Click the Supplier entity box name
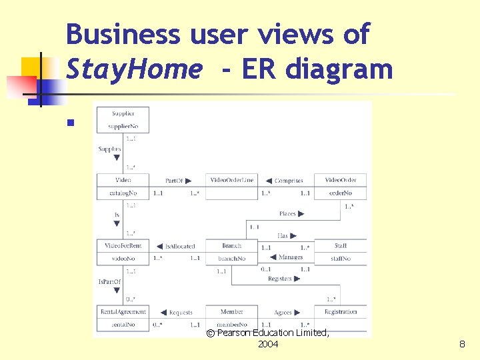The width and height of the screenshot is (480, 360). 123,114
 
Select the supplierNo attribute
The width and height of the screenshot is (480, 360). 123,126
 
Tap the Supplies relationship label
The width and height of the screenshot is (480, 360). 109,149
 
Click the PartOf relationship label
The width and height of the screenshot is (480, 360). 174,180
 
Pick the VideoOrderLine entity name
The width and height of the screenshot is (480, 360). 231,180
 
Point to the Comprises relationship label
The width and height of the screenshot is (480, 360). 289,180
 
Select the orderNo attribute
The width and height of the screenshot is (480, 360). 340,193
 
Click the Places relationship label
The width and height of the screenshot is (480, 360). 287,214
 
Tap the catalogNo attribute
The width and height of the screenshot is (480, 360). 123,193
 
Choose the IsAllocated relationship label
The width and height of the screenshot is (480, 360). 180,246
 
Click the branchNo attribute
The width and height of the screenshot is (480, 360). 231,259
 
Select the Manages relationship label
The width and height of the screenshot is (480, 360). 291,257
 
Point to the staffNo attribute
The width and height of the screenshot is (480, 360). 340,259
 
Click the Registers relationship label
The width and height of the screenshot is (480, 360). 280,279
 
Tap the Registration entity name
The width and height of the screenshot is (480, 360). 340,311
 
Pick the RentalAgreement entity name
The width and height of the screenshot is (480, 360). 123,311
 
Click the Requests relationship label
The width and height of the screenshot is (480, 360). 181,312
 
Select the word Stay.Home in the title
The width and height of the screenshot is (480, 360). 133,68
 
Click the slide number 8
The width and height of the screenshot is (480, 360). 461,344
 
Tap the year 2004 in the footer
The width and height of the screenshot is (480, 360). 268,344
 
